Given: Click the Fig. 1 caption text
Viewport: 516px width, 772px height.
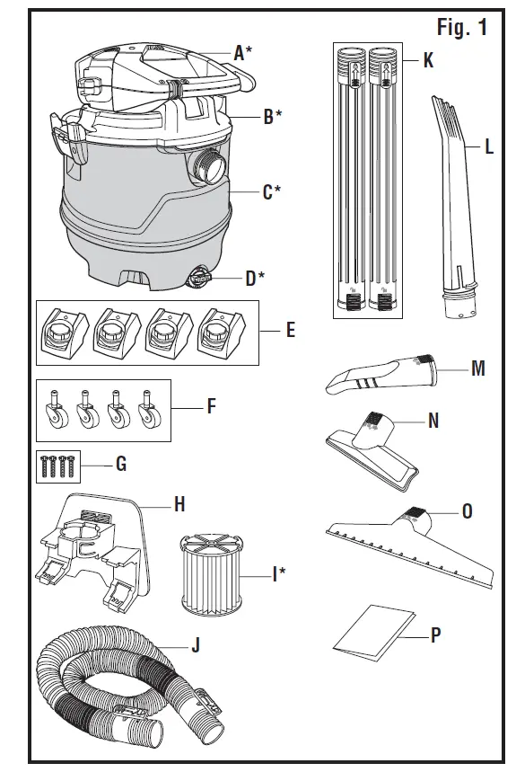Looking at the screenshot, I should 461,28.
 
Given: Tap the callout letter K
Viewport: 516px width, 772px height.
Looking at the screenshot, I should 428,61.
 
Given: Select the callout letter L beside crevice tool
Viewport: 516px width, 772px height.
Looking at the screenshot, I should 489,147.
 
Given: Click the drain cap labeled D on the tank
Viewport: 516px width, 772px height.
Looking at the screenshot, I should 198,279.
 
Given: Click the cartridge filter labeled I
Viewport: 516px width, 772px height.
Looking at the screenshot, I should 214,572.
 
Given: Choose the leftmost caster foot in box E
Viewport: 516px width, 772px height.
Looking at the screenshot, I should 64,333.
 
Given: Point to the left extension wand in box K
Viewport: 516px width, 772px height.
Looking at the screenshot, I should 352,180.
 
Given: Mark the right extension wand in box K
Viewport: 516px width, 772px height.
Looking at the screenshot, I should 384,180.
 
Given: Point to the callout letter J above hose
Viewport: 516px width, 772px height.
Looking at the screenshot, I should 196,644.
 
